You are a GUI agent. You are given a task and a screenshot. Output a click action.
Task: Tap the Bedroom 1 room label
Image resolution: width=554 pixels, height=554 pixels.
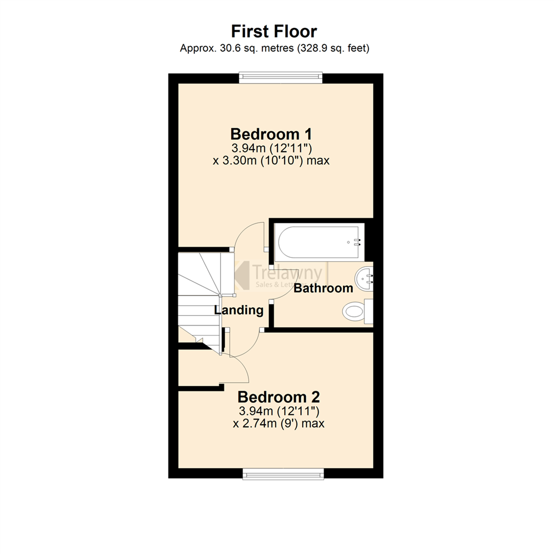point(271,134)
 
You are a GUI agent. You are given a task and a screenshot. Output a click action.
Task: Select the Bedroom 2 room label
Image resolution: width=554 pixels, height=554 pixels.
point(279,397)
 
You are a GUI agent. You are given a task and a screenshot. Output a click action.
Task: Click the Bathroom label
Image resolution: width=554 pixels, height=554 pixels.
point(323,288)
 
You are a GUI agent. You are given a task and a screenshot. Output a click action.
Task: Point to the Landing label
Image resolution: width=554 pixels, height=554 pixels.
point(239,310)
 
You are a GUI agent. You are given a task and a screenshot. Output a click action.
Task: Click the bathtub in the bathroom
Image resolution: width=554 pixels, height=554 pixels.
point(319,242)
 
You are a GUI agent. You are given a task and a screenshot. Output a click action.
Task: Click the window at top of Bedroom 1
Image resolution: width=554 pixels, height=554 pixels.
point(281,77)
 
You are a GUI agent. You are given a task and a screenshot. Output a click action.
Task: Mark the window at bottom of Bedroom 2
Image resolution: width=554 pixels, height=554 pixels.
point(284,473)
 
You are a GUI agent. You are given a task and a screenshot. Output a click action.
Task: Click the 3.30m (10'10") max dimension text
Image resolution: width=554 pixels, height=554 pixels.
point(271,161)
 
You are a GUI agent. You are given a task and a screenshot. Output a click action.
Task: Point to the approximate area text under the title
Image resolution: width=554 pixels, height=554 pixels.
point(275,49)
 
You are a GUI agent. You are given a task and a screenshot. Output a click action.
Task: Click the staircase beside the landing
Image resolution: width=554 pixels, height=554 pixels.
point(199,298)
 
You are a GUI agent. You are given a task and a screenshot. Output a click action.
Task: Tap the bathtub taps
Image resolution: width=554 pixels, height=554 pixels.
point(356,242)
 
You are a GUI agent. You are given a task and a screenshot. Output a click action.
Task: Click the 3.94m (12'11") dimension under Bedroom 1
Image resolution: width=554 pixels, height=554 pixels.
point(271,148)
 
